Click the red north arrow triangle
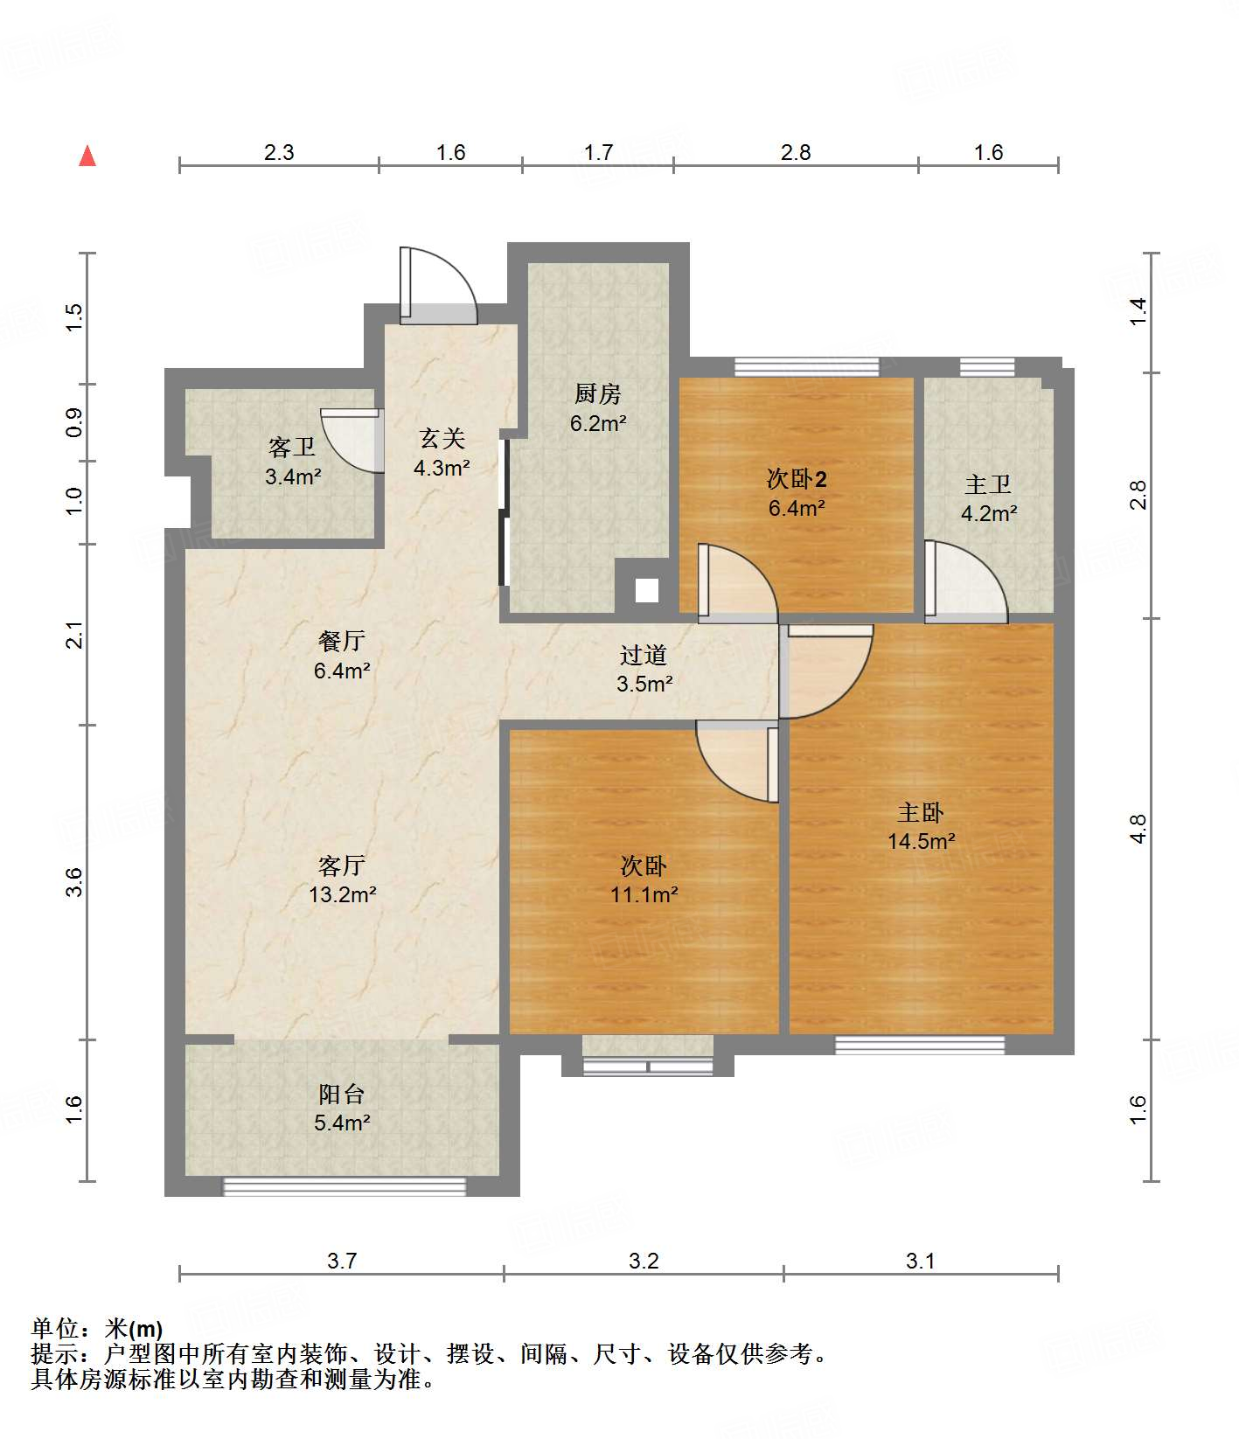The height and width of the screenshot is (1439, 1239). (87, 156)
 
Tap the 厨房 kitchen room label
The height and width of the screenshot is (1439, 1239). (598, 394)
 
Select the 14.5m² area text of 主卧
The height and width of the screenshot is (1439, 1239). (921, 841)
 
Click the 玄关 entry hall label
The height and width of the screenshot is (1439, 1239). (442, 439)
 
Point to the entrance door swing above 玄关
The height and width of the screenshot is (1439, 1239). (440, 286)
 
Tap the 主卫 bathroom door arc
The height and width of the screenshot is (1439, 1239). (966, 580)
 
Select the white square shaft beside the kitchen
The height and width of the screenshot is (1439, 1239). (646, 590)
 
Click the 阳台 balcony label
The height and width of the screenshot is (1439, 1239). (341, 1094)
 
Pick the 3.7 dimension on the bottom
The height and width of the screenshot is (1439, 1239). (342, 1261)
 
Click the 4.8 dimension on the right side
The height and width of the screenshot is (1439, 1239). (1138, 828)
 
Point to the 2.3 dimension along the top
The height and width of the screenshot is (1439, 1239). (279, 153)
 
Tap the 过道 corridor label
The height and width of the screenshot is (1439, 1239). (644, 655)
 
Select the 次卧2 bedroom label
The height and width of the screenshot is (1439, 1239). (796, 479)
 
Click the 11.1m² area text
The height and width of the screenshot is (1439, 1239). (644, 894)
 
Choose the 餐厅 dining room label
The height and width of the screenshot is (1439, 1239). (341, 641)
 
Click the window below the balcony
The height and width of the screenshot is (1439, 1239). (345, 1185)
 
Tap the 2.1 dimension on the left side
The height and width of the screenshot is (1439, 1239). (76, 635)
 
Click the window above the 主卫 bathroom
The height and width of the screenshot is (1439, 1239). (987, 366)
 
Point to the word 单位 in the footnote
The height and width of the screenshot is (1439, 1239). (56, 1329)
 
